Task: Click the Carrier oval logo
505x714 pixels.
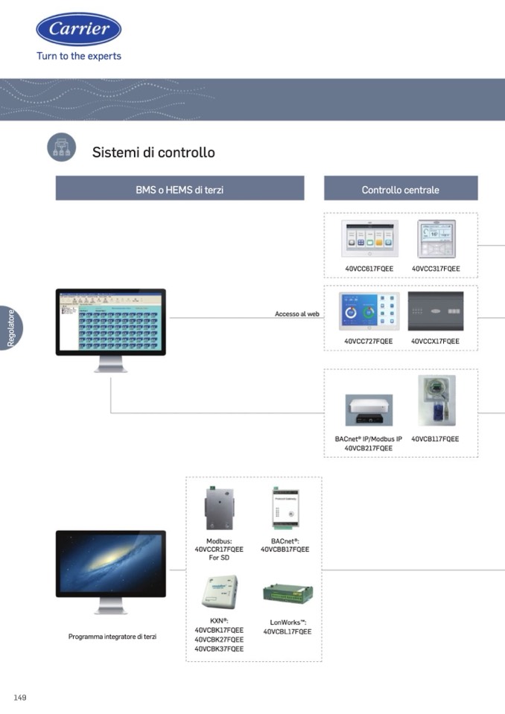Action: pos(79,29)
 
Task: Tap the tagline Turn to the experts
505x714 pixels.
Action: pos(79,56)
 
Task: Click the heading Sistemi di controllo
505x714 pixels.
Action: pos(153,153)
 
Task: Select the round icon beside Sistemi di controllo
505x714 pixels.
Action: pos(62,147)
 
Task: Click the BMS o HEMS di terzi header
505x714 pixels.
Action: pos(180,190)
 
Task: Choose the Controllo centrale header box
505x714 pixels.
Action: pos(400,190)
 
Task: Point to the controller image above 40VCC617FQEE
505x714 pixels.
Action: pos(369,238)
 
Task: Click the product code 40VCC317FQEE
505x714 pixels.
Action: pos(436,269)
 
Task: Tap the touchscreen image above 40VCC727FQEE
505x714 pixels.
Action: pos(369,311)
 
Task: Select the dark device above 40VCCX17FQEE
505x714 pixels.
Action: pos(436,311)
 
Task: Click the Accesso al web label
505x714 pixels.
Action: pos(296,314)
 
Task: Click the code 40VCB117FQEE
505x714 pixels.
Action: pos(435,439)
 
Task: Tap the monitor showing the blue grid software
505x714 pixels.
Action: pos(111,322)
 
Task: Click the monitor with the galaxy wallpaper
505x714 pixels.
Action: pos(111,564)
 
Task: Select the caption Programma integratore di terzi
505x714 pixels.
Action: pos(112,637)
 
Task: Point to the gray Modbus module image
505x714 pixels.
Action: pos(219,509)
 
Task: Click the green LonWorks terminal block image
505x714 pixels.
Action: pos(287,594)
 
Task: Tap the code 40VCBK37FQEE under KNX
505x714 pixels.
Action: pos(219,649)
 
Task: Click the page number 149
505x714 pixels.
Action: pos(20,698)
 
